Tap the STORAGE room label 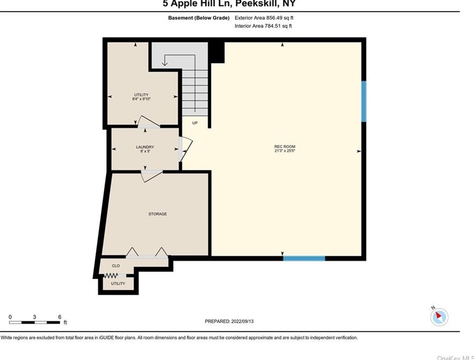[158, 214]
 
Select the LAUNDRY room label [145, 147]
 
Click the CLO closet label [116, 266]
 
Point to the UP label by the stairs [195, 123]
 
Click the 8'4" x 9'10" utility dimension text [142, 99]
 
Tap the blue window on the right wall [364, 101]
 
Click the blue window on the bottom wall [304, 258]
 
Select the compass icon [440, 316]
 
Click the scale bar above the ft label [35, 323]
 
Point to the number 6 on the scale [59, 317]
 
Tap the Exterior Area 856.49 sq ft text [263, 18]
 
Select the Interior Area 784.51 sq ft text [263, 26]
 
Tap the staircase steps [194, 92]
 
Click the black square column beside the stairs [217, 52]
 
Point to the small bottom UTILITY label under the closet [118, 283]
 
